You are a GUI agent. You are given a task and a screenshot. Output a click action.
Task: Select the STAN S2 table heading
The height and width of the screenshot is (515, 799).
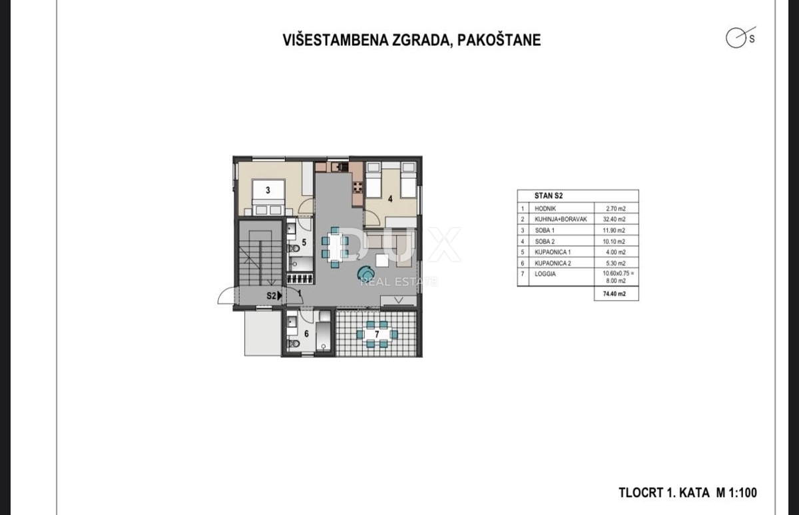[549, 196]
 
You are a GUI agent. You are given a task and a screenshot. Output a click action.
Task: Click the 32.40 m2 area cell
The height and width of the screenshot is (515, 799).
[616, 219]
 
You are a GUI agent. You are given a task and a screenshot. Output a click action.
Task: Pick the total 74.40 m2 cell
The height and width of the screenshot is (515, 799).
[616, 293]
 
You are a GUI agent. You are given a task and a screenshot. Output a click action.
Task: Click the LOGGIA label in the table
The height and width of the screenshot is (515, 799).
[545, 273]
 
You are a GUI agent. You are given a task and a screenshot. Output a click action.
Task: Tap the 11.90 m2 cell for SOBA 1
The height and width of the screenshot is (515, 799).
[616, 230]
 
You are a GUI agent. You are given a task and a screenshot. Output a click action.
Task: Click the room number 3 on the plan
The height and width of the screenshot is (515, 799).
[267, 190]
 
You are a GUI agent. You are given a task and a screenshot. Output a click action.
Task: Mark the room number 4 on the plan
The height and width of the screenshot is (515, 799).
[390, 198]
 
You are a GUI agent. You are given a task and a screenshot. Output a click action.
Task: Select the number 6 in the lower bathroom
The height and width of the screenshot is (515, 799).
[306, 333]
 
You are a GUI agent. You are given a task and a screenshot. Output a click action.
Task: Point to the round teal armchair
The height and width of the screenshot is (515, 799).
[366, 273]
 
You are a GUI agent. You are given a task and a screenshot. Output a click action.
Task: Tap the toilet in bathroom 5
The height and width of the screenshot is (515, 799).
[294, 248]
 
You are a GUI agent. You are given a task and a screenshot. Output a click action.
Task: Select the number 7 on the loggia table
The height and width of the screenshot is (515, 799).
[377, 333]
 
